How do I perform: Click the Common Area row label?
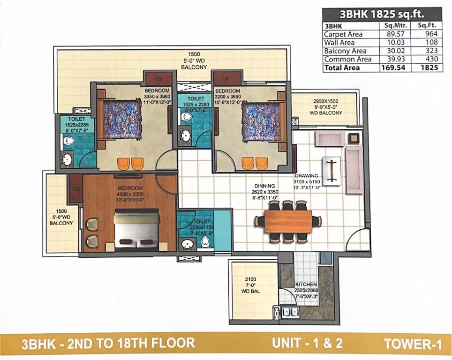[347, 59]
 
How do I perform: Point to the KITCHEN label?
[306, 285]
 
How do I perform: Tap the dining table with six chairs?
[288, 222]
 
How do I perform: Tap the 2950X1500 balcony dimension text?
[325, 101]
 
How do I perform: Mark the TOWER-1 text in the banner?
[413, 344]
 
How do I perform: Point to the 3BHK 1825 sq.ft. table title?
[382, 14]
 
